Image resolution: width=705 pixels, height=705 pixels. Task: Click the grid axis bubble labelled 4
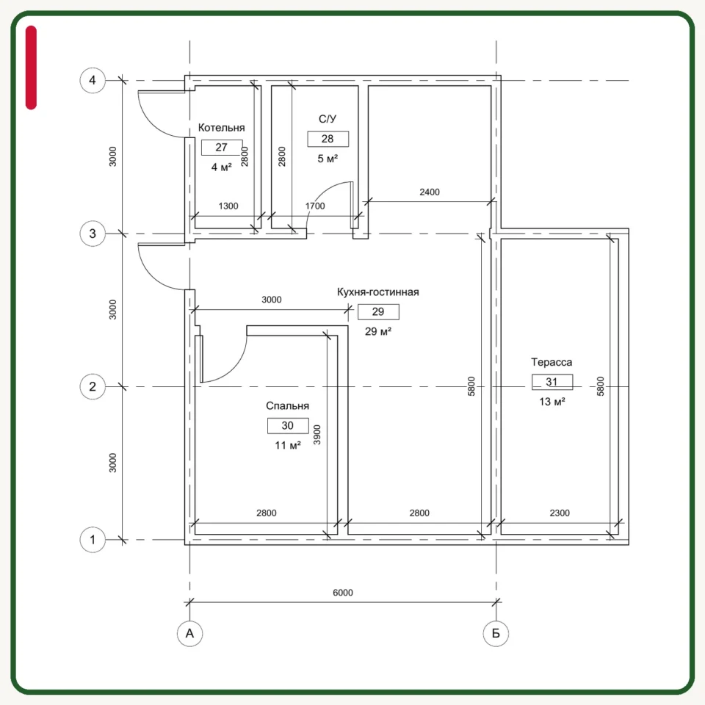(93, 81)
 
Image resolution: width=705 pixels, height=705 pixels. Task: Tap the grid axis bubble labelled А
(189, 634)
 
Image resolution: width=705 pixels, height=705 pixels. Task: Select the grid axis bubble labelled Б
(496, 634)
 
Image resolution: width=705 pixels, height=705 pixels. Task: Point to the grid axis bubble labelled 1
(93, 540)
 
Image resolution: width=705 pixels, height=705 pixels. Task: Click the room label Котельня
(221, 128)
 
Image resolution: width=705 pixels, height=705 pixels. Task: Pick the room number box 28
(328, 139)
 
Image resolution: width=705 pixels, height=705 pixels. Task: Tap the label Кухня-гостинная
(377, 292)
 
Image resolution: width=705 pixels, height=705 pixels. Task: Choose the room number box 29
(378, 311)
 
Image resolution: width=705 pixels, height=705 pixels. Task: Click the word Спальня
(287, 406)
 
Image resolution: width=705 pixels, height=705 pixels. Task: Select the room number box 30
(288, 426)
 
